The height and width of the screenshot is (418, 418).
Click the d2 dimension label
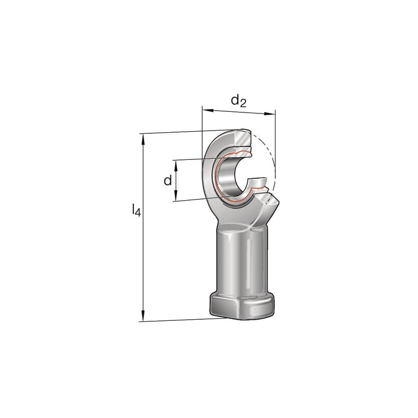pyautogui.click(x=239, y=101)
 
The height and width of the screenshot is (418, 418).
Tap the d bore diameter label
pyautogui.click(x=168, y=180)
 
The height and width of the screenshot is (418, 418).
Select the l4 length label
pyautogui.click(x=136, y=210)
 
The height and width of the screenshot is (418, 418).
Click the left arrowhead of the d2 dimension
pyautogui.click(x=208, y=110)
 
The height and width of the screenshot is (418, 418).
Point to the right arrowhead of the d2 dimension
pyautogui.click(x=269, y=114)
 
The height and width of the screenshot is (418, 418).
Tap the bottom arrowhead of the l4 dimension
pyautogui.click(x=144, y=316)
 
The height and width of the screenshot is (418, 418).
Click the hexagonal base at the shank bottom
pyautogui.click(x=241, y=307)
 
